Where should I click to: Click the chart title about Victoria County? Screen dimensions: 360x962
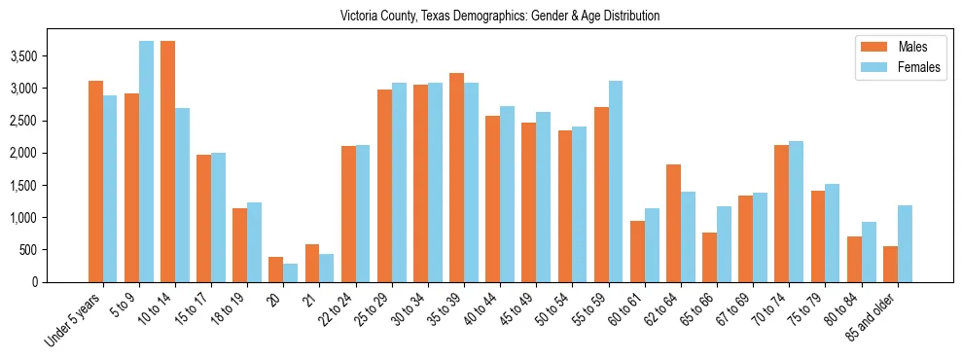500,16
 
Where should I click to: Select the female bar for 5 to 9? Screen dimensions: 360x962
146,162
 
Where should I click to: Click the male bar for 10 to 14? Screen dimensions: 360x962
167,162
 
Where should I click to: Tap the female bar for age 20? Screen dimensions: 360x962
290,273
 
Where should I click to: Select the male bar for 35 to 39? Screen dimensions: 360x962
456,178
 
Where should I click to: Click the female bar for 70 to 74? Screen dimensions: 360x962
796,212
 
